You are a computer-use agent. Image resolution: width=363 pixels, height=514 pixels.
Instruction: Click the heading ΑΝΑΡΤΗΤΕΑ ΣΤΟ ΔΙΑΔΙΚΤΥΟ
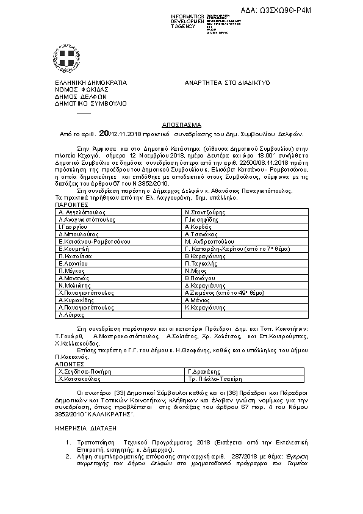tap(227, 82)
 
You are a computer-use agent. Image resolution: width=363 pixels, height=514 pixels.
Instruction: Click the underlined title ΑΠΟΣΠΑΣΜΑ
tap(181, 123)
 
